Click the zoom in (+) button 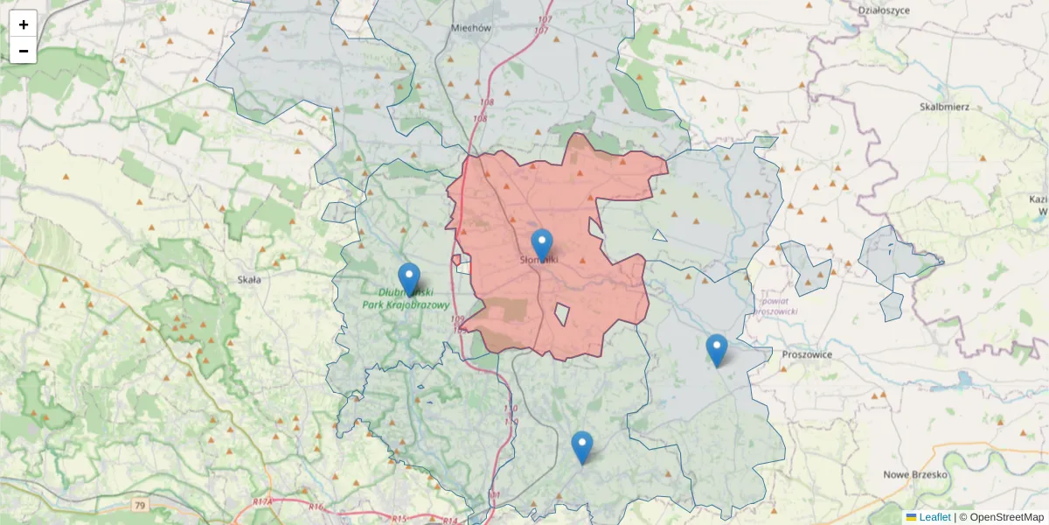(x=24, y=24)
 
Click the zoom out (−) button (x=24, y=51)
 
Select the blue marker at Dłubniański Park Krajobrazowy (x=409, y=279)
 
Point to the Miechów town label (x=471, y=27)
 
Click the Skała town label (x=249, y=279)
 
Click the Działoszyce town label (x=884, y=10)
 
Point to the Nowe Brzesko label (x=915, y=474)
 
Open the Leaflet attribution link (x=934, y=517)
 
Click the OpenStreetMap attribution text (x=1006, y=517)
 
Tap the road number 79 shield (x=140, y=506)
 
